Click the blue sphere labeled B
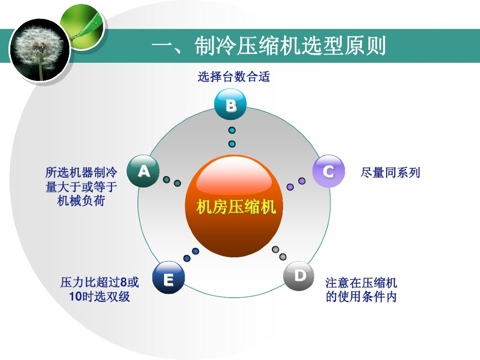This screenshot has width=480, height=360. click(230, 105)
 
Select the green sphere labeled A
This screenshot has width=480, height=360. click(143, 171)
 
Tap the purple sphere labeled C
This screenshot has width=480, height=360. click(328, 171)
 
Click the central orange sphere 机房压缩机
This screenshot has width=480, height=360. click(235, 206)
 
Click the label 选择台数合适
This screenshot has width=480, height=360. click(233, 76)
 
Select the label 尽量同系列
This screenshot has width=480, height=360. click(390, 172)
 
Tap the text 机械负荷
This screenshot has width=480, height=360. click(81, 201)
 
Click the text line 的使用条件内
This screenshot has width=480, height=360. click(361, 297)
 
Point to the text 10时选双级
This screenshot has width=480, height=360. click(99, 296)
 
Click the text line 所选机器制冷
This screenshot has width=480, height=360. click(81, 172)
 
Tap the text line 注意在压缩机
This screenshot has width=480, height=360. click(361, 283)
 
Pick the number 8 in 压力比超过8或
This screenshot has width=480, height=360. click(124, 282)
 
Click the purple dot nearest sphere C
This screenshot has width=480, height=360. click(302, 180)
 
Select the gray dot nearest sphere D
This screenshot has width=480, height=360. click(283, 256)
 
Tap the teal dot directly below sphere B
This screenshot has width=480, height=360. click(232, 130)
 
